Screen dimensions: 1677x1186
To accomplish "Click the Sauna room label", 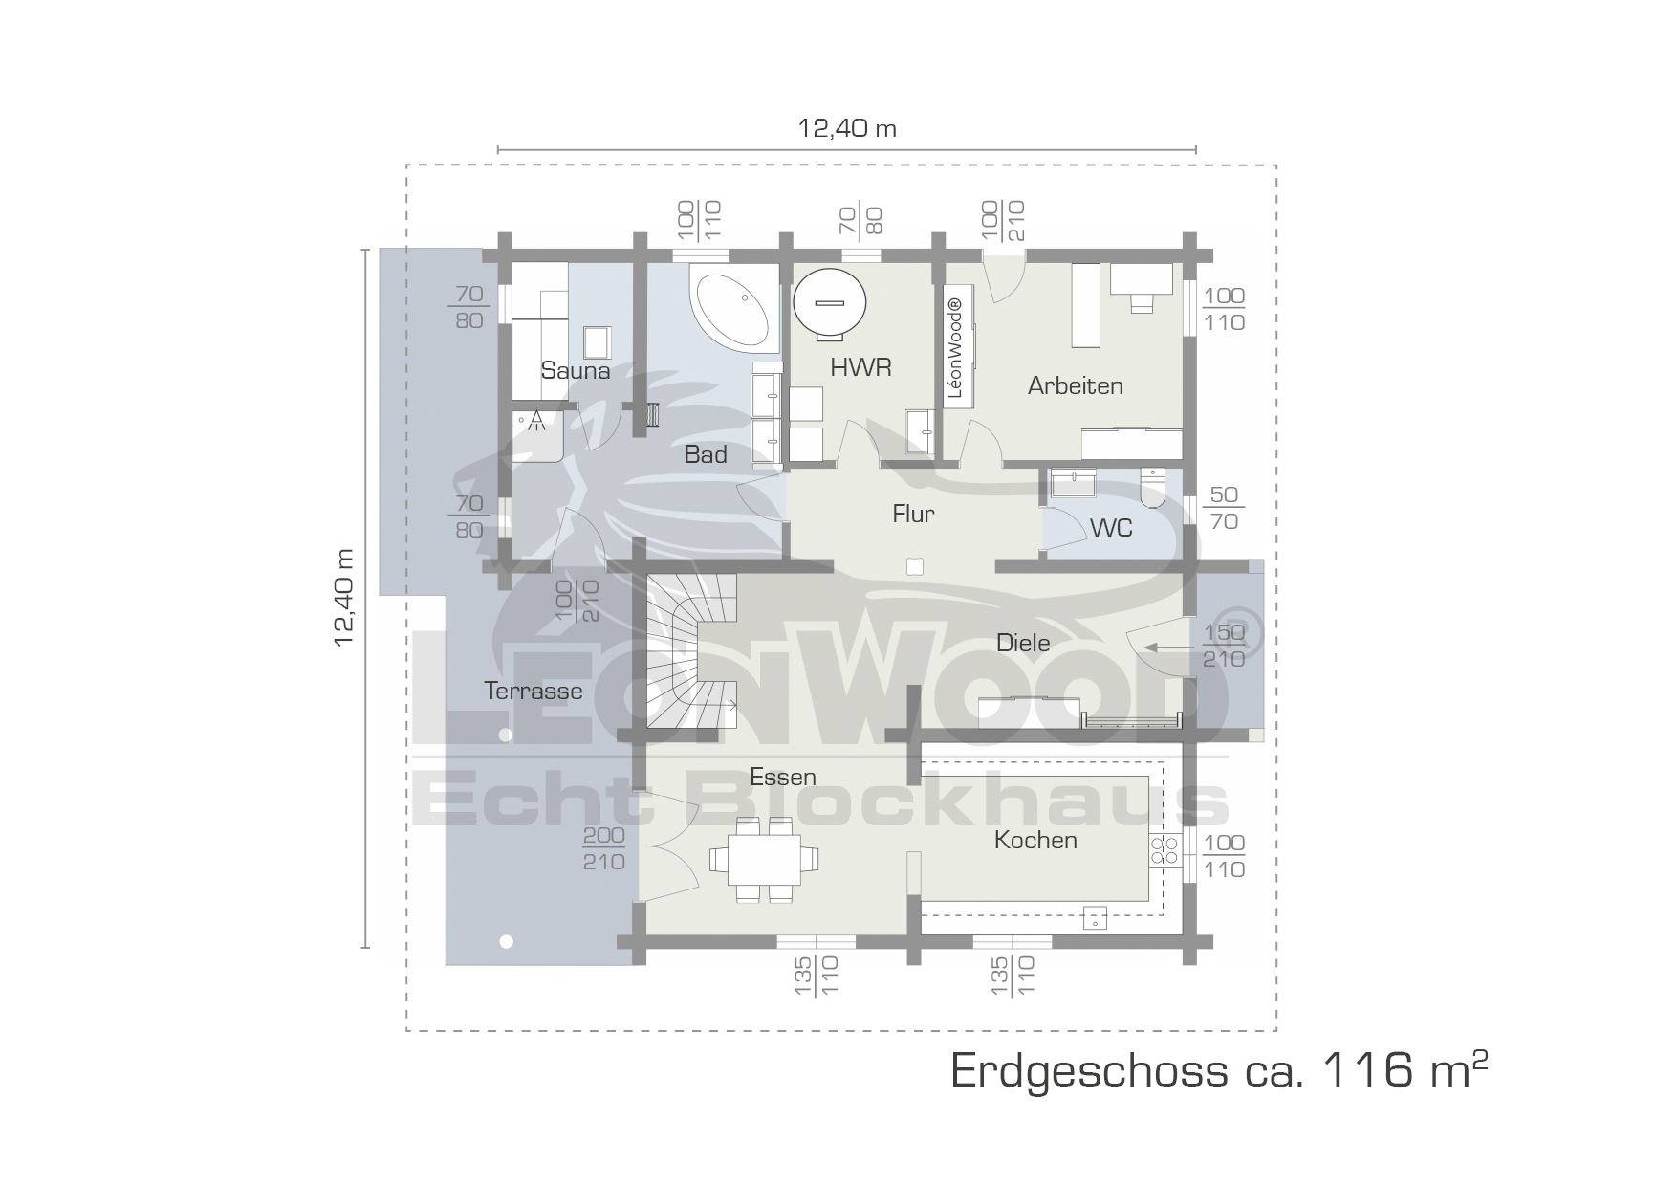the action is click(x=575, y=370).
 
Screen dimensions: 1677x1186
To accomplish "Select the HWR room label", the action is click(x=860, y=367).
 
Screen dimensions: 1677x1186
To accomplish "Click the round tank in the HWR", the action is click(x=829, y=303).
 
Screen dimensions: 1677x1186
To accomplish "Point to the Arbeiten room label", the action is click(x=1075, y=385).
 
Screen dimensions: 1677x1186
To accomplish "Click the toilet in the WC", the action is click(x=1153, y=487).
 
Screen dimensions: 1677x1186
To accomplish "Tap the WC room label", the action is click(x=1111, y=527).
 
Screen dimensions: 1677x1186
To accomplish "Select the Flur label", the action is click(x=913, y=514).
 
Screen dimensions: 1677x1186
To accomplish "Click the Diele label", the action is click(x=1023, y=643).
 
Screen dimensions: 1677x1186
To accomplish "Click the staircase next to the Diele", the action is click(x=693, y=650).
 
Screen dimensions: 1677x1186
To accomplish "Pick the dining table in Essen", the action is click(x=764, y=860).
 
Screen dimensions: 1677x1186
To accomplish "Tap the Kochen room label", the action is click(x=1035, y=840).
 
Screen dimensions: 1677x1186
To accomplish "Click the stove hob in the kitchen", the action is click(x=1165, y=849).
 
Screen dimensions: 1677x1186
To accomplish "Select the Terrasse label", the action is click(x=533, y=691).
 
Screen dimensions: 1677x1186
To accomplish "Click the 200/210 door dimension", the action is click(x=603, y=848).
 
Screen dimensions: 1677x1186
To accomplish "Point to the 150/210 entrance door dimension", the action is click(x=1224, y=646).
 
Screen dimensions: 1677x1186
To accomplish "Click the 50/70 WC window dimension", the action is click(x=1224, y=508).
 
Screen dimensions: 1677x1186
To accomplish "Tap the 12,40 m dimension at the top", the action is click(x=847, y=128).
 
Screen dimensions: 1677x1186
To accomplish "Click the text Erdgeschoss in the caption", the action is click(x=1089, y=1072).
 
